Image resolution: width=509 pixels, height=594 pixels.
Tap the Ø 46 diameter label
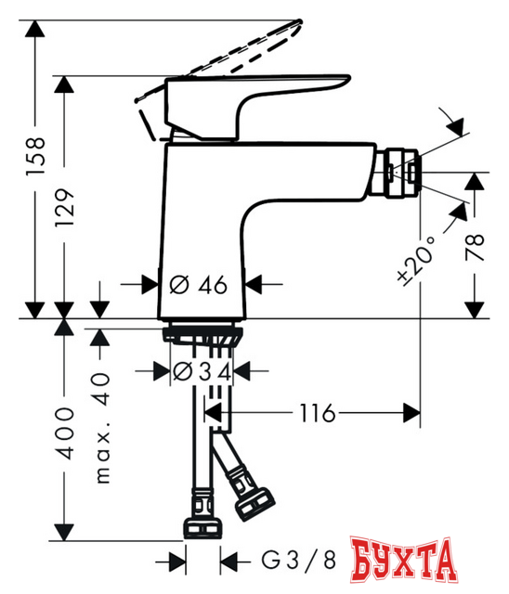199,285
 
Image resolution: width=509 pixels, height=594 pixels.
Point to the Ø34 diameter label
198,370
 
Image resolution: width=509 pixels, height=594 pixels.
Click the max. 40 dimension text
101,427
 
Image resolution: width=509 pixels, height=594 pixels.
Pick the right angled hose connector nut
252,502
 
